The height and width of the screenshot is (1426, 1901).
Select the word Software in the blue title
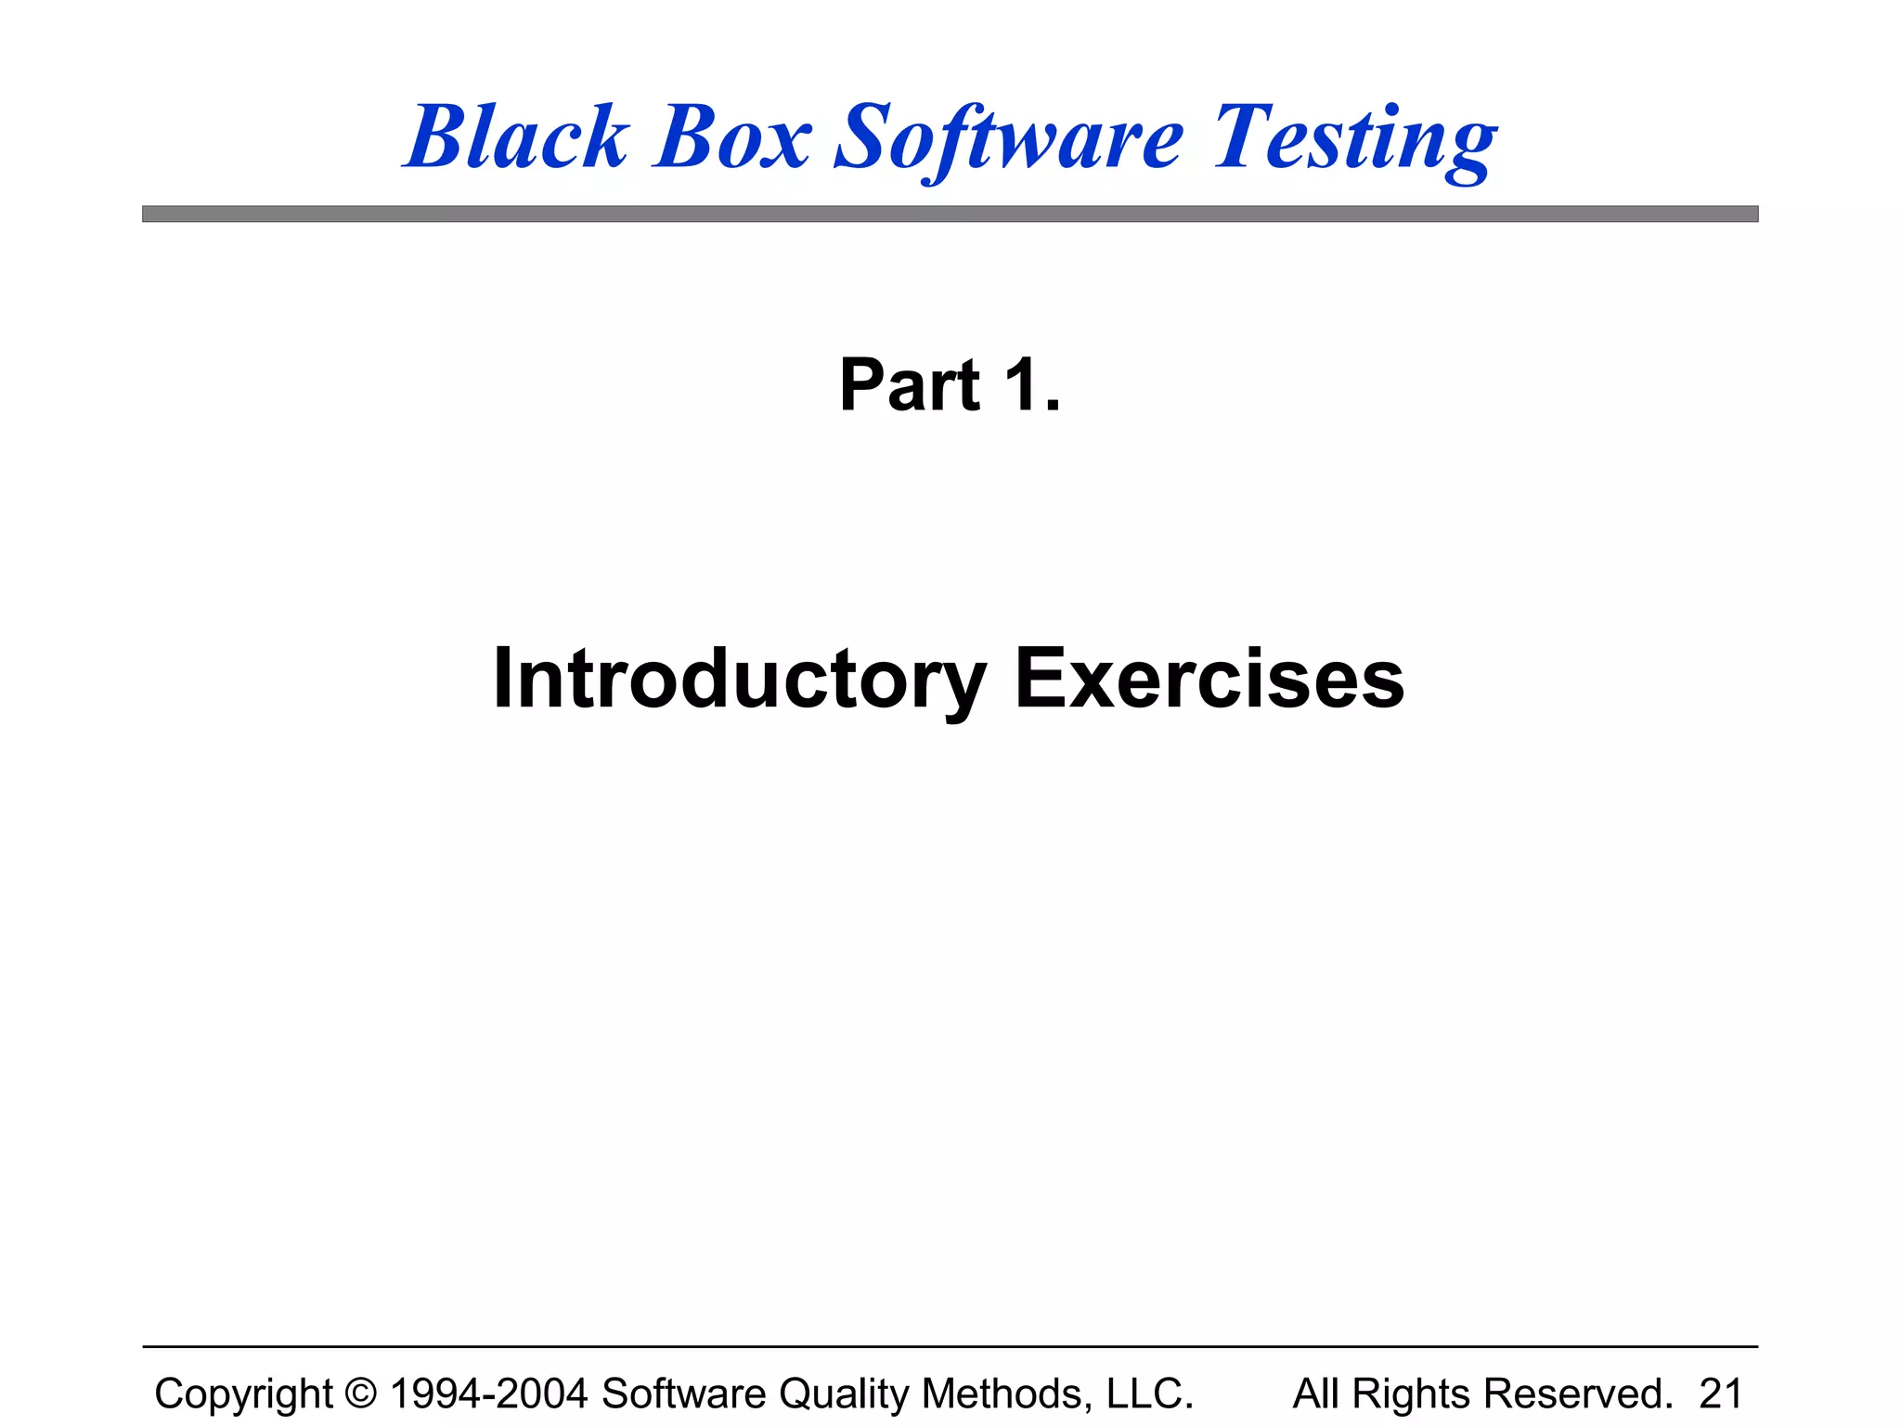(1009, 139)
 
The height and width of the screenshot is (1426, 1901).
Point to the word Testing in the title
(1354, 139)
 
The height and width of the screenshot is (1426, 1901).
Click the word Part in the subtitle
(909, 385)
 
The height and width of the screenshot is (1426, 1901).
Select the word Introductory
(739, 680)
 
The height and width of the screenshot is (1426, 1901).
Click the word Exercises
(1209, 680)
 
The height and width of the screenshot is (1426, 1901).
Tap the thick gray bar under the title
(950, 214)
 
